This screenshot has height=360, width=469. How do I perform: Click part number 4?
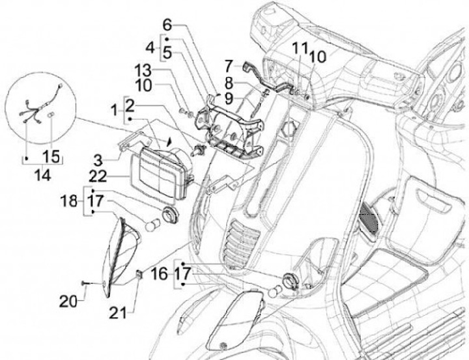[x=149, y=48]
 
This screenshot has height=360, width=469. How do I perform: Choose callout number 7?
[x=229, y=66]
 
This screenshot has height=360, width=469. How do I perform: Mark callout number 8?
[x=229, y=83]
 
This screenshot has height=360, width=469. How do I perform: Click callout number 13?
[x=143, y=70]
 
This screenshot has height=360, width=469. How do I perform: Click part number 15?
[x=50, y=157]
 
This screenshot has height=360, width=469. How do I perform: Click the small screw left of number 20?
[x=86, y=282]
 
